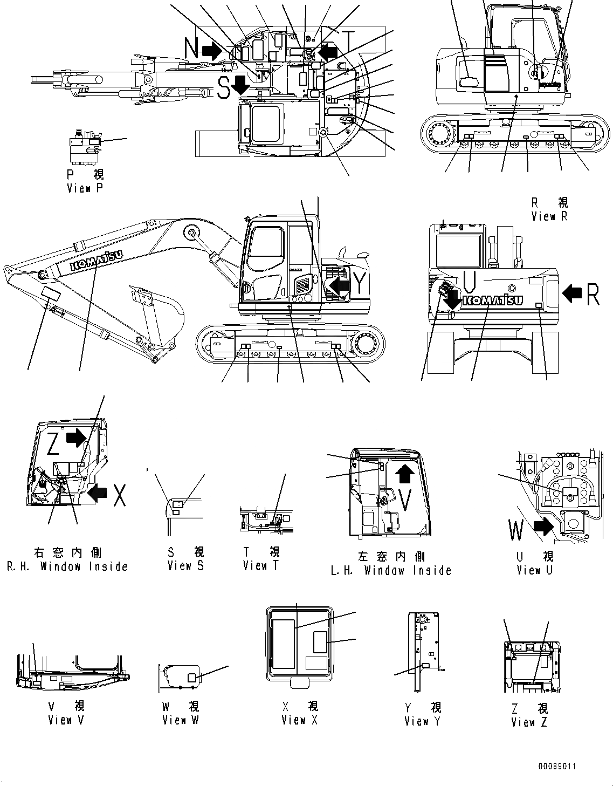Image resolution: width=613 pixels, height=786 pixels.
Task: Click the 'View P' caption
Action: [85, 188]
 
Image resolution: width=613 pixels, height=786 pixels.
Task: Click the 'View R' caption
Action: [549, 216]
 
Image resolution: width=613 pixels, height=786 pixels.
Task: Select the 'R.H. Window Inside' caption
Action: [67, 566]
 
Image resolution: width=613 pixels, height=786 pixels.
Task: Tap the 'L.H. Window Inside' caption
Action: [391, 570]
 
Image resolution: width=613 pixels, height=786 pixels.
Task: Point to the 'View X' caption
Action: [300, 720]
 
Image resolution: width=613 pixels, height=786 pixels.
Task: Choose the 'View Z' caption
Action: [529, 722]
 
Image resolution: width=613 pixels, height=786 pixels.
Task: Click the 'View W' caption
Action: [181, 720]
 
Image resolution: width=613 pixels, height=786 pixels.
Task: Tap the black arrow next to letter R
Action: [572, 293]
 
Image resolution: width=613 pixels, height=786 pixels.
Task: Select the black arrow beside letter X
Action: [97, 493]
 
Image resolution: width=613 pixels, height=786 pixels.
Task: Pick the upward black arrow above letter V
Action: [405, 475]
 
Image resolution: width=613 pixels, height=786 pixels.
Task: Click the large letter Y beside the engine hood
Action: [359, 283]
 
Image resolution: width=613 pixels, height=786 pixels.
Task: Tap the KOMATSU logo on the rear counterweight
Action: [492, 300]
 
